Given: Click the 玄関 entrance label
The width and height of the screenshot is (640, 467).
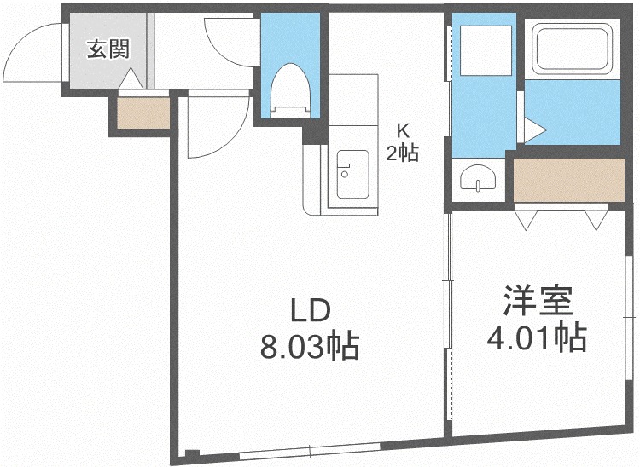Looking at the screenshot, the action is [108, 49].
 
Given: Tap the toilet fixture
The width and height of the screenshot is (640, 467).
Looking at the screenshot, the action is [291, 90].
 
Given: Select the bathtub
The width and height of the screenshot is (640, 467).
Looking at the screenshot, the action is [572, 49].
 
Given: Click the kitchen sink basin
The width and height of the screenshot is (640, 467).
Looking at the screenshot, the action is [353, 175].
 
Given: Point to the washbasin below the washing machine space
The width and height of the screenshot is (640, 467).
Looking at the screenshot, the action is [478, 177].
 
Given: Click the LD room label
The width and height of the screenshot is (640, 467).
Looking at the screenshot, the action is [310, 310].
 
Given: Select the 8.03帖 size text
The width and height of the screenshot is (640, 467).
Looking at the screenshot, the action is [310, 347].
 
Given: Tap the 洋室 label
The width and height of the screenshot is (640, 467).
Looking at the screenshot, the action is [538, 300].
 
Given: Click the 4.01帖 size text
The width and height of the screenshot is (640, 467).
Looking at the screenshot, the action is [537, 337].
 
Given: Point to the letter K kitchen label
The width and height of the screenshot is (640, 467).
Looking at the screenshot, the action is [403, 131].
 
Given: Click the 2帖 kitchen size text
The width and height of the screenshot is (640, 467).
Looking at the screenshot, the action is [402, 153].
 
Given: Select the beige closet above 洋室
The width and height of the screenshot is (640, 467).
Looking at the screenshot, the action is [569, 180].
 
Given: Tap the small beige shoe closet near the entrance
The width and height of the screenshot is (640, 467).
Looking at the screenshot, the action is [143, 112].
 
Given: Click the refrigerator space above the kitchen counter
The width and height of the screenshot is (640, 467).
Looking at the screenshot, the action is [353, 100].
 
